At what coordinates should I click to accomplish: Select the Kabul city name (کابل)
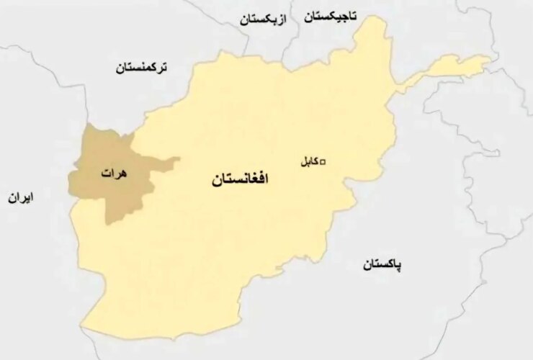pos(308,162)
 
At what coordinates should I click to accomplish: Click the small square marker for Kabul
pos(323,161)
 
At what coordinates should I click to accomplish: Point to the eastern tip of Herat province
pos(179,159)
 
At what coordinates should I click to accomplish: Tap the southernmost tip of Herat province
pos(112,224)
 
